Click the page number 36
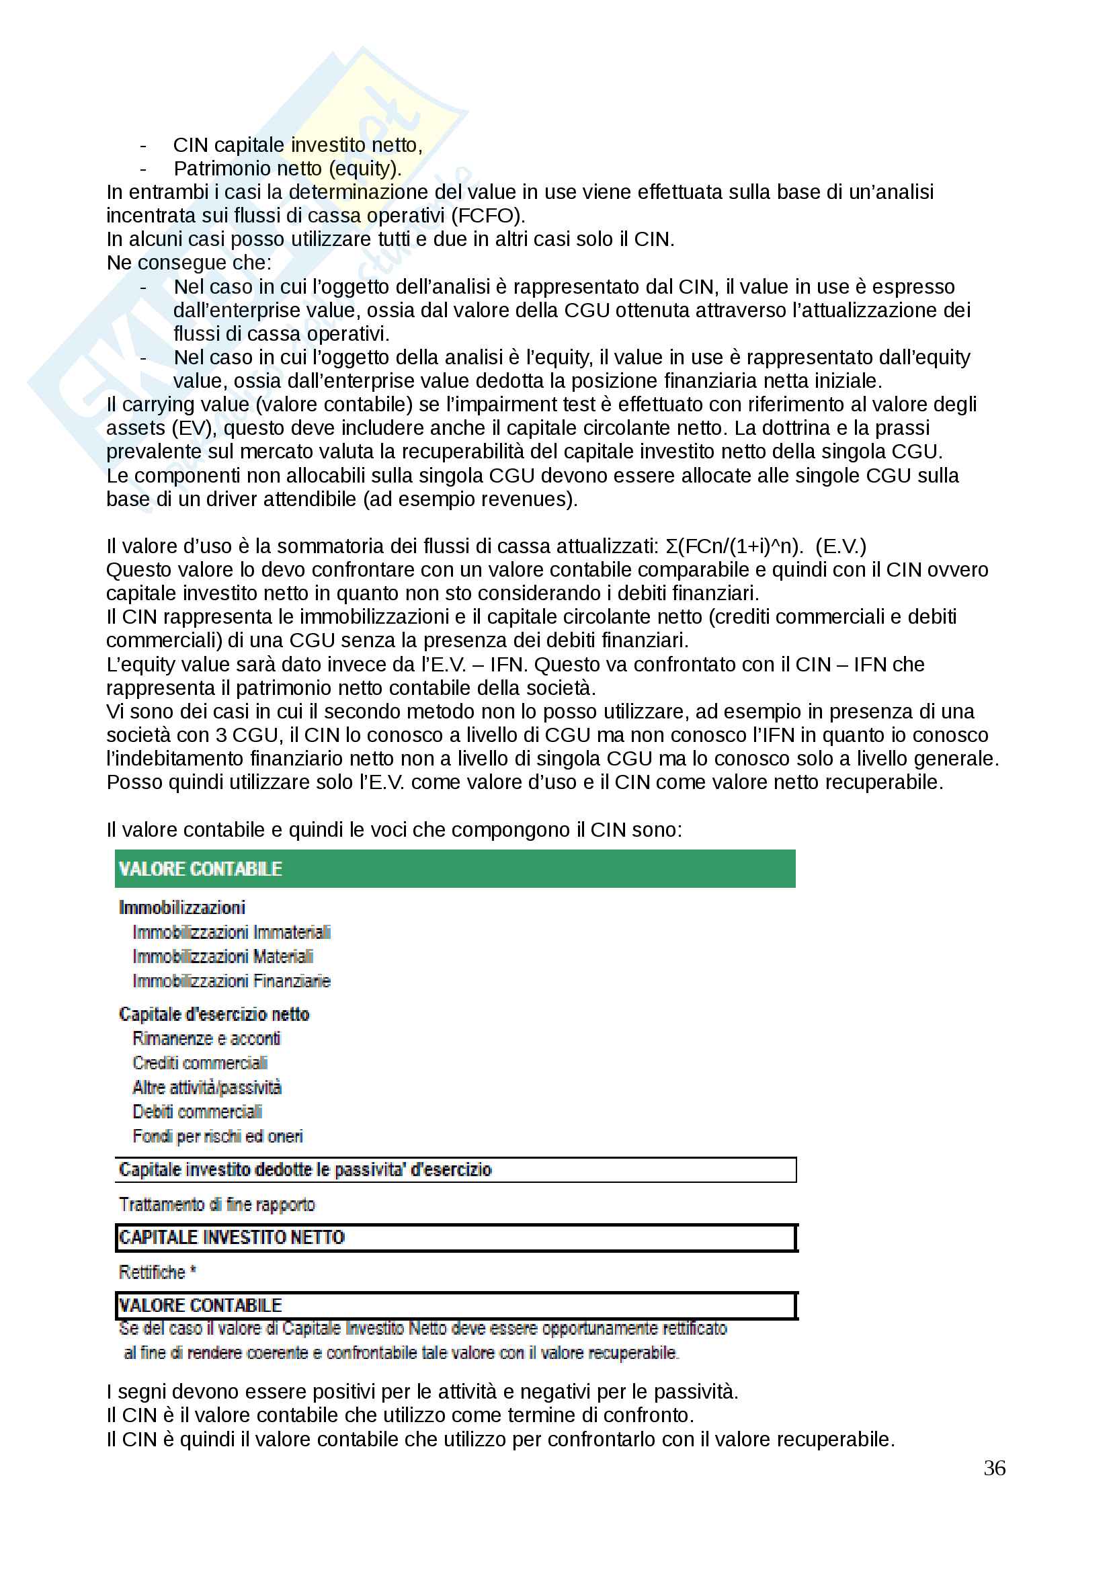click(x=994, y=1468)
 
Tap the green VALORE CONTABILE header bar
click(x=454, y=868)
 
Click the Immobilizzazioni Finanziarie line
click(x=231, y=981)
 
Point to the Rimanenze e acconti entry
click(x=206, y=1038)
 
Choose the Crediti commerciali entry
click(x=200, y=1063)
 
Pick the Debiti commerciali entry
click(x=197, y=1112)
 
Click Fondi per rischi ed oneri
click(x=218, y=1136)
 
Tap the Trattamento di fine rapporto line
click(x=217, y=1204)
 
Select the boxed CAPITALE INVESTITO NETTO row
click(x=454, y=1237)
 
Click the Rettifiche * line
click(x=157, y=1272)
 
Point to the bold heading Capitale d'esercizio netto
click(x=214, y=1014)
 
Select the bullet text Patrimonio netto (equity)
click(x=288, y=169)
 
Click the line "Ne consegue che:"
click(x=189, y=263)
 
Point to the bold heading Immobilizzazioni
click(x=182, y=907)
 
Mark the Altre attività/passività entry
click(x=207, y=1087)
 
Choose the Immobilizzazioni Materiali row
click(x=222, y=956)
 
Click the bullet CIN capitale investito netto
click(x=297, y=145)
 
